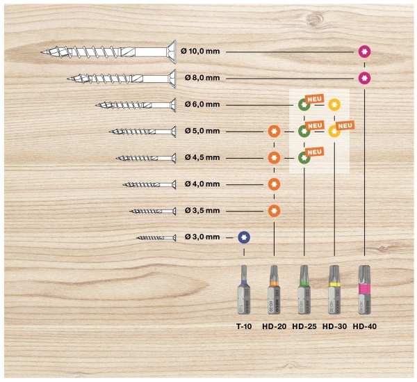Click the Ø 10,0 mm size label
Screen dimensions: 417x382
[200, 51]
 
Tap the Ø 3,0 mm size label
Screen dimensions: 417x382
[202, 237]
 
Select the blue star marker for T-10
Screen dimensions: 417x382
[244, 237]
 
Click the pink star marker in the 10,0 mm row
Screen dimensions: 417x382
[364, 51]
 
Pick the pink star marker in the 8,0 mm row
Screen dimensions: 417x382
[364, 78]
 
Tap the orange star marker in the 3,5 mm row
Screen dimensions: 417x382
[274, 211]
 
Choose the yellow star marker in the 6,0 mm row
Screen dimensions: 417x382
[334, 104]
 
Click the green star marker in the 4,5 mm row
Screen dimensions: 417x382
[304, 158]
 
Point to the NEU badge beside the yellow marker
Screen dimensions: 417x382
[345, 125]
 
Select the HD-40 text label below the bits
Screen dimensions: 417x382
[365, 326]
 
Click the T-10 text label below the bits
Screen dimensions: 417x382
[244, 326]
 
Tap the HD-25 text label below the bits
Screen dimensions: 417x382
[304, 326]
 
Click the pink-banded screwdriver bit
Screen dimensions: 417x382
[365, 289]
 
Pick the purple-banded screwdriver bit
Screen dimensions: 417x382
[244, 289]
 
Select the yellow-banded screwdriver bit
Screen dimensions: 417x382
[334, 289]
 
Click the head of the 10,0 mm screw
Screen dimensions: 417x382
[172, 52]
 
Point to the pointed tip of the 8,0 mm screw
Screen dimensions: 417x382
[67, 79]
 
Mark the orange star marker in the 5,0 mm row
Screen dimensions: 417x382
[274, 132]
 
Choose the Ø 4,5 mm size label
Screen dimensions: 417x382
[202, 157]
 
